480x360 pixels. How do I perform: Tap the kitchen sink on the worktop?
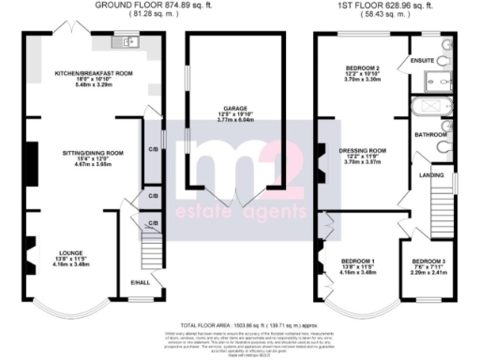click(124, 43)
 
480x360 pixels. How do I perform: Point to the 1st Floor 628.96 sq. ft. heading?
click(388, 7)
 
